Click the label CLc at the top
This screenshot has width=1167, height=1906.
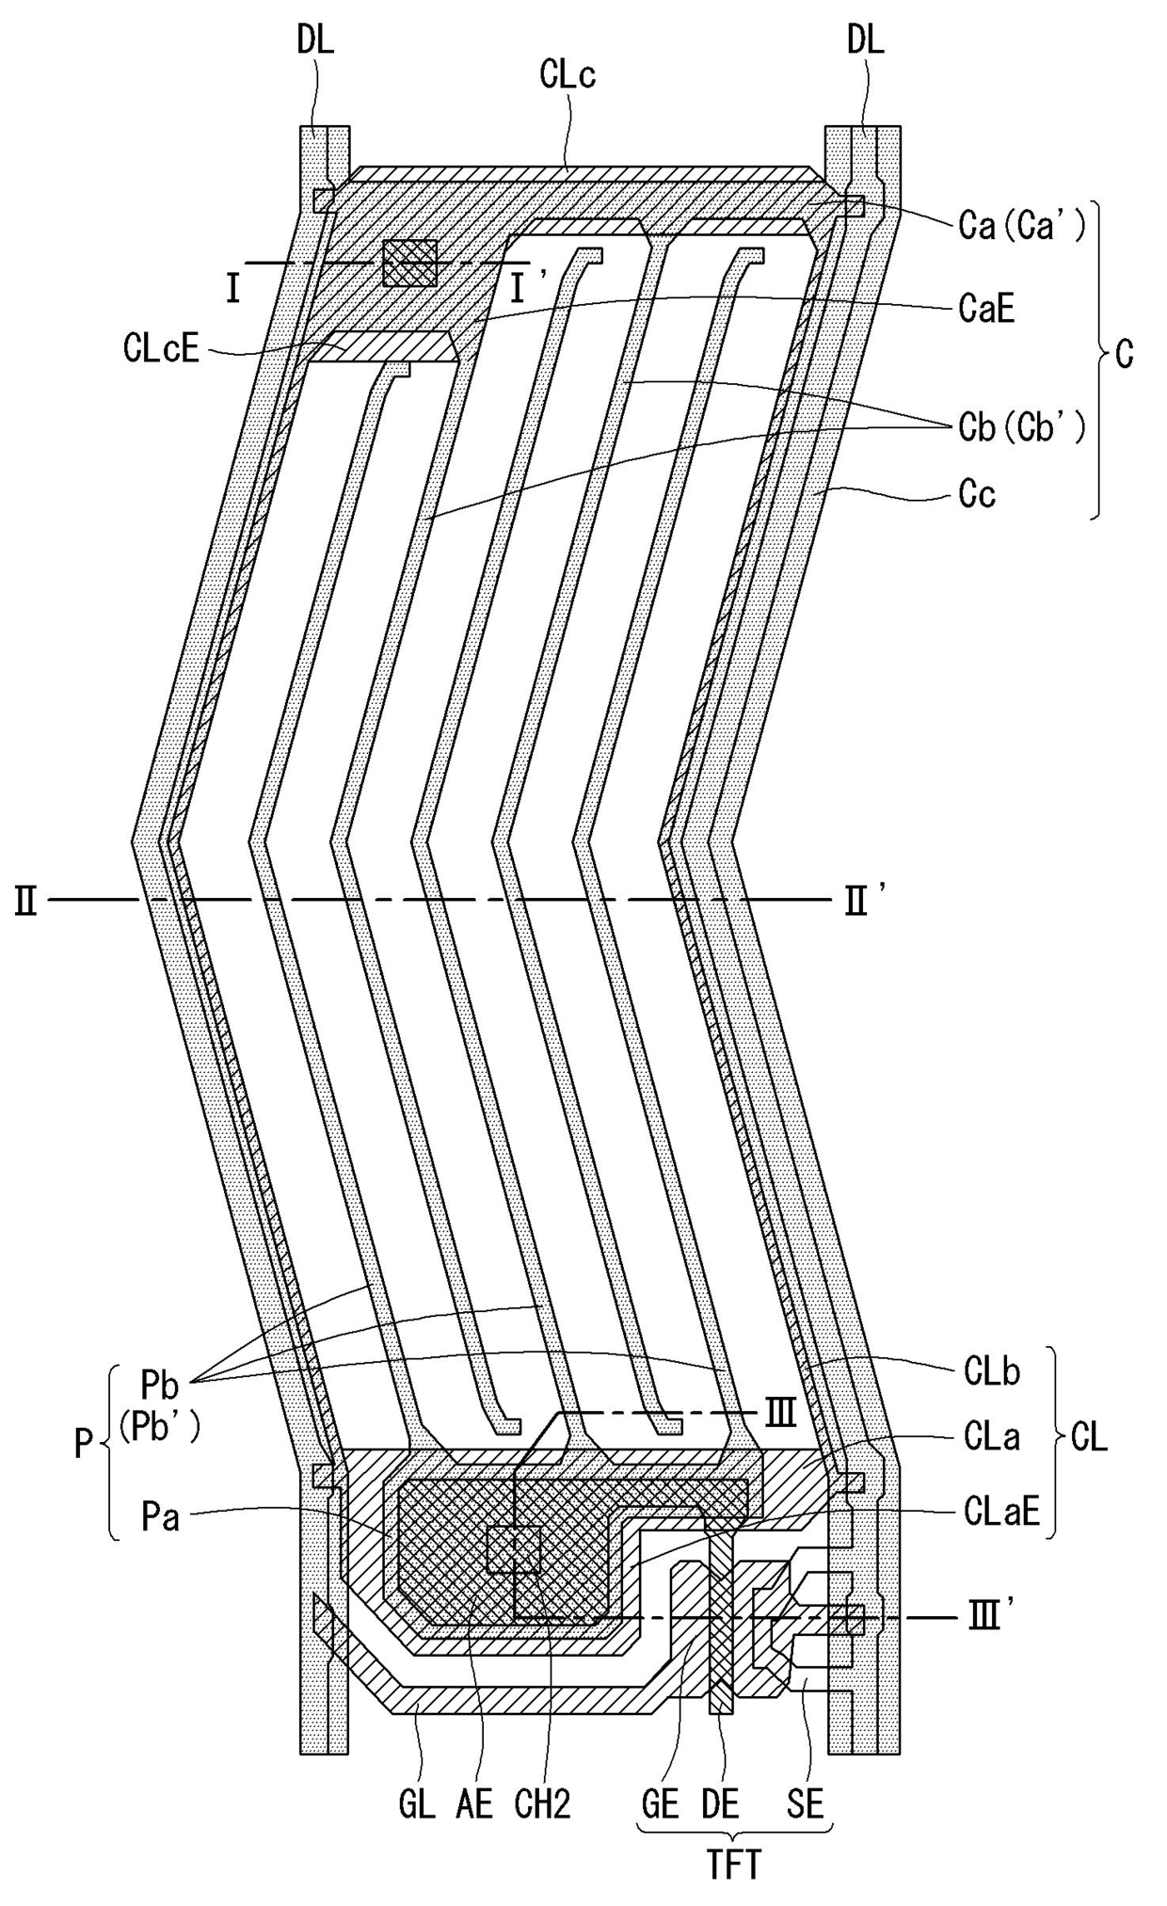click(x=568, y=75)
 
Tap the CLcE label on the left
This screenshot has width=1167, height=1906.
click(x=161, y=349)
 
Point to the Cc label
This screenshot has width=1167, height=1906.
click(x=977, y=494)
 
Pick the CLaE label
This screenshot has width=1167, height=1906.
click(x=1001, y=1512)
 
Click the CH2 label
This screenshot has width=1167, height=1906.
click(x=543, y=1805)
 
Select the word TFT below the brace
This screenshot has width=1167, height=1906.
click(x=733, y=1866)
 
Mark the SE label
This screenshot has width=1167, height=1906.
click(x=805, y=1805)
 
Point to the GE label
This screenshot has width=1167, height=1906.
click(x=660, y=1805)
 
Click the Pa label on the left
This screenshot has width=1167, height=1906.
click(x=160, y=1518)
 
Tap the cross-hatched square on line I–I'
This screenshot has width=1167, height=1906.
click(x=410, y=263)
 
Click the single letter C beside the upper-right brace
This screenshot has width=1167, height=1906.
click(x=1124, y=356)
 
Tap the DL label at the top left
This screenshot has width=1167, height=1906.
click(x=315, y=40)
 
